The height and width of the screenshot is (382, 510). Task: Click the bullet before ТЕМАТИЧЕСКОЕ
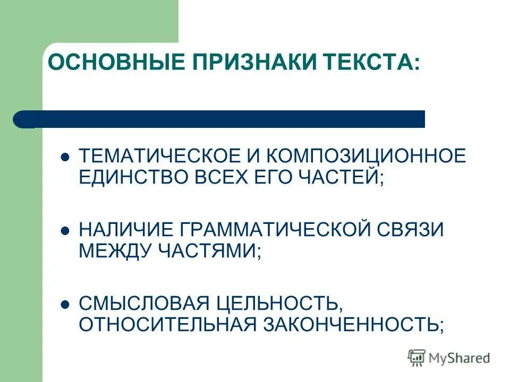tap(65, 157)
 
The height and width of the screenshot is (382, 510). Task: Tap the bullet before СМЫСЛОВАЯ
tap(65, 305)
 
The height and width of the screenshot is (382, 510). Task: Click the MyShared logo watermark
tap(449, 358)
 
